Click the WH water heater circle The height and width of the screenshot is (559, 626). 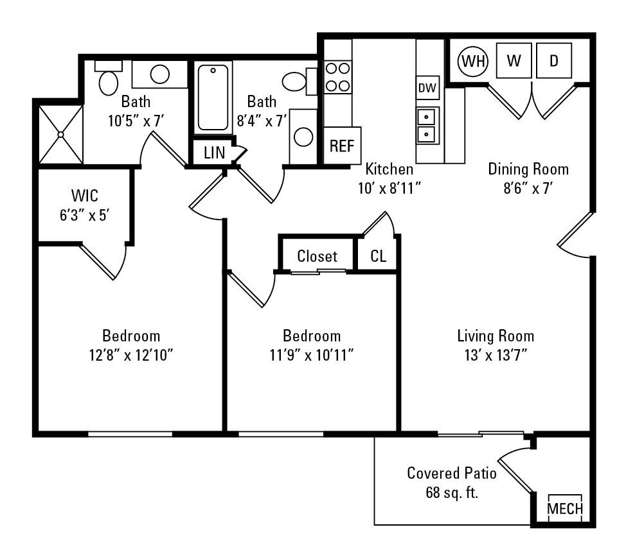click(x=473, y=61)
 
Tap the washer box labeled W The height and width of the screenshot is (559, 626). click(x=514, y=61)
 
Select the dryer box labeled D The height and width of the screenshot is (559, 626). click(x=554, y=61)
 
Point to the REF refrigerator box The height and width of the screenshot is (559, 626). click(x=341, y=146)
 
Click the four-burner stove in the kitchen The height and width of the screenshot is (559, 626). click(x=337, y=76)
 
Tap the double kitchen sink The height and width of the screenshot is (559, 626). click(x=425, y=126)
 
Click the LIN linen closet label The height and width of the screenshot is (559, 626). click(x=214, y=153)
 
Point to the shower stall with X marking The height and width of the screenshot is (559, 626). click(x=61, y=134)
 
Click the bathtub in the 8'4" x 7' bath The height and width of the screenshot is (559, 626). click(x=213, y=98)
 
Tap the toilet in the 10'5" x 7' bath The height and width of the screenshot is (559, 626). click(x=108, y=80)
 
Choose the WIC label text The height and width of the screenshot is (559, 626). click(x=85, y=194)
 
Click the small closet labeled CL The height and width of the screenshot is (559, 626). click(x=379, y=256)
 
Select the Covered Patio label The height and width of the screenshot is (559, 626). click(x=451, y=474)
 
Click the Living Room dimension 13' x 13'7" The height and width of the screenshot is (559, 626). click(x=495, y=355)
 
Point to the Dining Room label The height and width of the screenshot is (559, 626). click(x=528, y=169)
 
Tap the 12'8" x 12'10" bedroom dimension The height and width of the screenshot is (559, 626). click(x=131, y=355)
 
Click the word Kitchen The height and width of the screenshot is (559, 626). click(x=389, y=169)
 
